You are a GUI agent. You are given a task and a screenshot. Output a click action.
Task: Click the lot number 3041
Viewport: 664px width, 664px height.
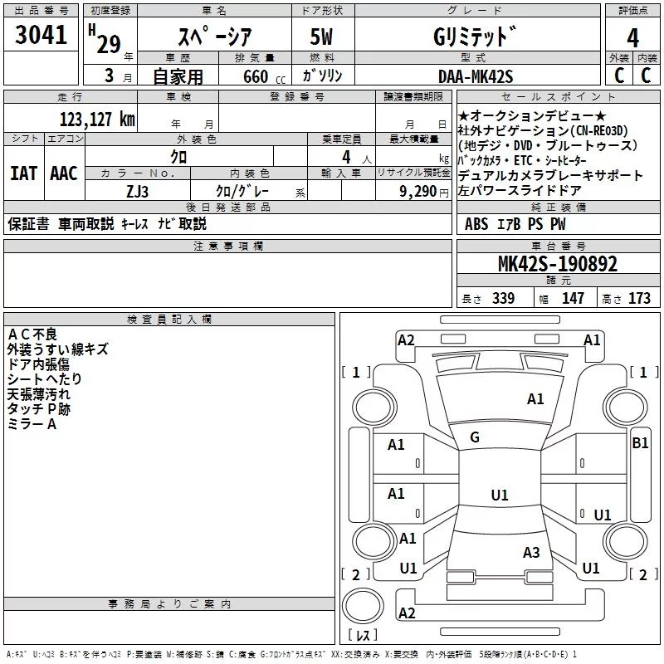(x=41, y=37)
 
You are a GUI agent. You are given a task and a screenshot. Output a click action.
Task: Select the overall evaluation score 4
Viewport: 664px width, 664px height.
(x=632, y=37)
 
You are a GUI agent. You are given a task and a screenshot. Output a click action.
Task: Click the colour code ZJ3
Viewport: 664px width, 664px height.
(x=138, y=190)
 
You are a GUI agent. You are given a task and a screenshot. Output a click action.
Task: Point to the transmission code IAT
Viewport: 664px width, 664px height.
(x=23, y=173)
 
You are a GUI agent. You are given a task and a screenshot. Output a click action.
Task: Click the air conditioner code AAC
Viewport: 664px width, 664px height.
(x=64, y=173)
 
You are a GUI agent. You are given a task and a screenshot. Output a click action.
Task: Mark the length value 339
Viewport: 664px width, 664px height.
(x=502, y=299)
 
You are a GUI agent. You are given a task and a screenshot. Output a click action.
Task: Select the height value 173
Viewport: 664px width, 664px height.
(x=639, y=299)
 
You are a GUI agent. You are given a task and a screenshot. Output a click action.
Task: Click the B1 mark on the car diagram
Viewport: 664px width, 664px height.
(x=640, y=443)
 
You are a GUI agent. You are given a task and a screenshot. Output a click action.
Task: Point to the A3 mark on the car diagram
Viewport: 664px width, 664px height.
(x=531, y=553)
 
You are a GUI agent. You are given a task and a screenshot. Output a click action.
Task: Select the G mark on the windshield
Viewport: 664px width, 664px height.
(x=475, y=437)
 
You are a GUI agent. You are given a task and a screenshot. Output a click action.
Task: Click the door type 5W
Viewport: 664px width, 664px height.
(x=323, y=37)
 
